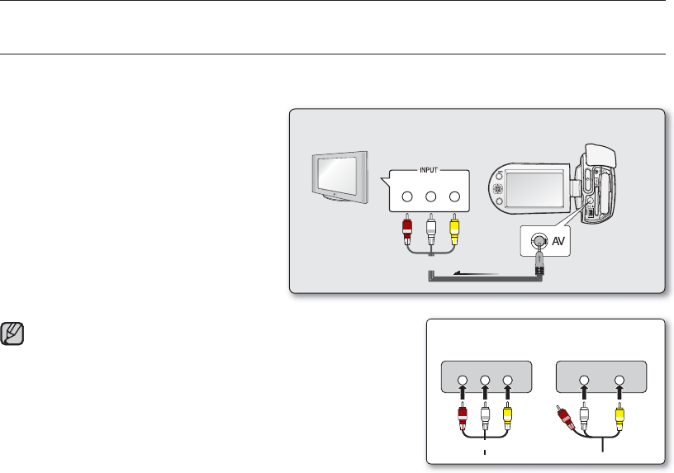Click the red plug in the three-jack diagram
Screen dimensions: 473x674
pyautogui.click(x=463, y=413)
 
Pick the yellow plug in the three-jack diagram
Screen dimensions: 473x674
pyautogui.click(x=507, y=413)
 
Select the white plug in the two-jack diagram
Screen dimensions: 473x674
pyautogui.click(x=584, y=413)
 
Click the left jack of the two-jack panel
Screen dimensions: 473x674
pyautogui.click(x=584, y=381)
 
